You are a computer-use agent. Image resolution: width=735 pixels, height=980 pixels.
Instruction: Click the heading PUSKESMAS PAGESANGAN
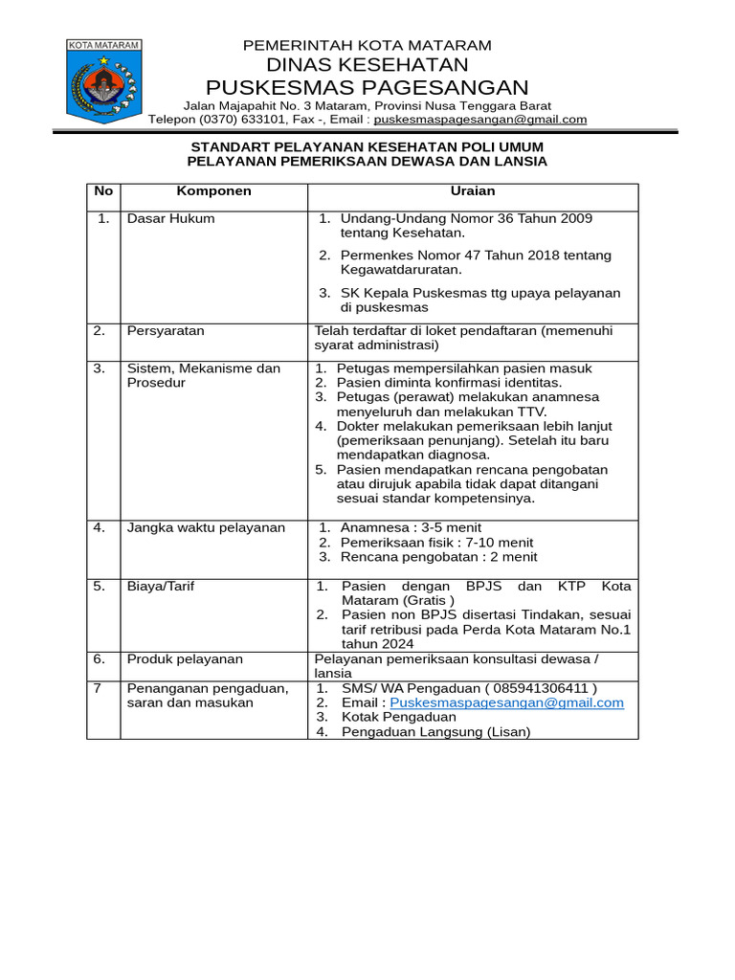click(367, 88)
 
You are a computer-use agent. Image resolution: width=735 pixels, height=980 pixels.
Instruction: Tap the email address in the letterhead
click(479, 120)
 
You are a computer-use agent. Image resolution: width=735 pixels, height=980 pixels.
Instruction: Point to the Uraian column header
click(472, 191)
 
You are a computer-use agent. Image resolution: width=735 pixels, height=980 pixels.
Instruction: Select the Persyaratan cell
click(166, 331)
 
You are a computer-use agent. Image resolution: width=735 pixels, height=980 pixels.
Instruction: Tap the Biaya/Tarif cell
click(161, 586)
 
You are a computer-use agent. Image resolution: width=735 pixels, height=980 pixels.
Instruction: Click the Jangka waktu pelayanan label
click(206, 527)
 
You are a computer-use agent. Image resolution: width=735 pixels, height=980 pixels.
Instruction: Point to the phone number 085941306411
click(542, 688)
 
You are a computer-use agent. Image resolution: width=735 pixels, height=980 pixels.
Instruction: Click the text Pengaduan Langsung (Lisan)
click(430, 732)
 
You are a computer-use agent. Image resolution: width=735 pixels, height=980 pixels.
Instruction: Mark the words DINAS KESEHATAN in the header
click(367, 65)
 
